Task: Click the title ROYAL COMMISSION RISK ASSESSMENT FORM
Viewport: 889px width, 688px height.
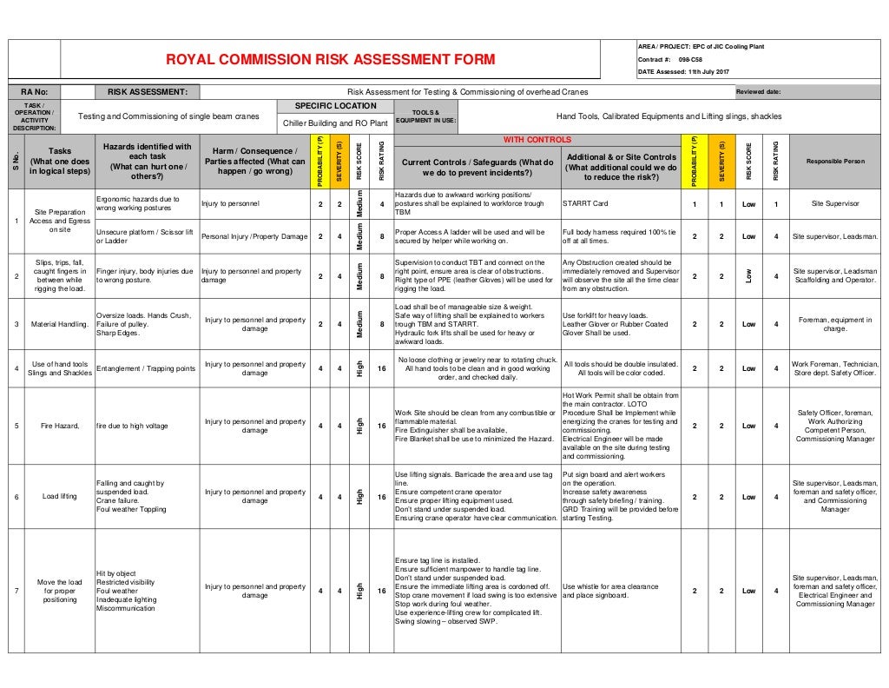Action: (x=330, y=60)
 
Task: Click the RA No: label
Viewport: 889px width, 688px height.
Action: (x=35, y=91)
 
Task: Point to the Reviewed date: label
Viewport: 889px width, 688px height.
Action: (x=758, y=91)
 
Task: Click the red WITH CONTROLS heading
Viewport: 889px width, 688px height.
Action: (x=537, y=140)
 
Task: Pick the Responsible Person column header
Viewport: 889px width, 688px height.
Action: (x=835, y=162)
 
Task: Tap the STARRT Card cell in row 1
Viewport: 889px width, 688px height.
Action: (x=586, y=204)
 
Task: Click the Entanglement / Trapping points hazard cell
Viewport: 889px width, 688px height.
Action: (x=146, y=368)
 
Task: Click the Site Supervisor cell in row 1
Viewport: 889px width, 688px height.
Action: (x=835, y=204)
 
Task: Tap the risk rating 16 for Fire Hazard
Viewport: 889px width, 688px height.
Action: (x=382, y=427)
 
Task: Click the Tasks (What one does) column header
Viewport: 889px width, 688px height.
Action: (x=60, y=162)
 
